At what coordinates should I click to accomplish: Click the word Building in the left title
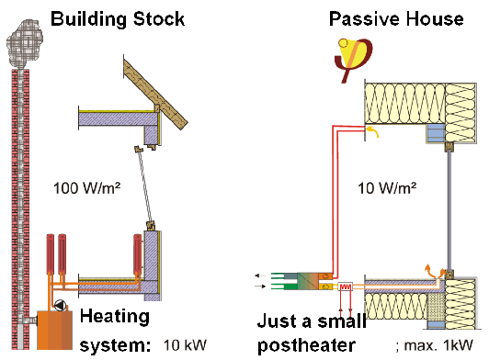88,19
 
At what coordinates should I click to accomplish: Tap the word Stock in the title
159,19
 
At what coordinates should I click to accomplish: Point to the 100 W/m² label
87,188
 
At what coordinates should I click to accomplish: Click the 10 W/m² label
387,188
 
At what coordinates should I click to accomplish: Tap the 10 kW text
185,345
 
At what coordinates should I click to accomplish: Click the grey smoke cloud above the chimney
24,44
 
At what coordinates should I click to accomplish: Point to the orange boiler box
54,330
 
